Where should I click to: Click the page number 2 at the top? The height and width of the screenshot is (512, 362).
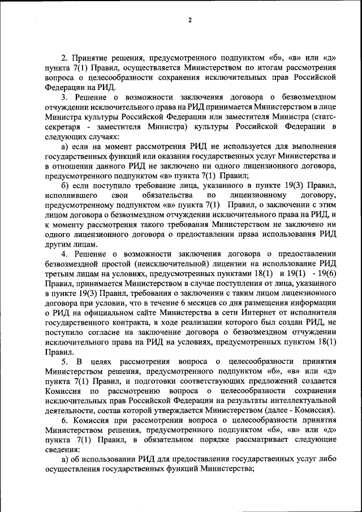(190, 20)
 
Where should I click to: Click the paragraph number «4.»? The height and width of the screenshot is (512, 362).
(65, 254)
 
